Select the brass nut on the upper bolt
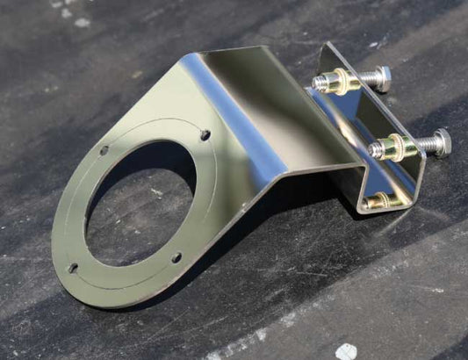pos(340,83)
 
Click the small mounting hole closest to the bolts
pos(205,135)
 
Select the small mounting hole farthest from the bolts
pos(73,268)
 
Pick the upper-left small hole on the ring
pos(104,150)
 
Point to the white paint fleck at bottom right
pos(347,351)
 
